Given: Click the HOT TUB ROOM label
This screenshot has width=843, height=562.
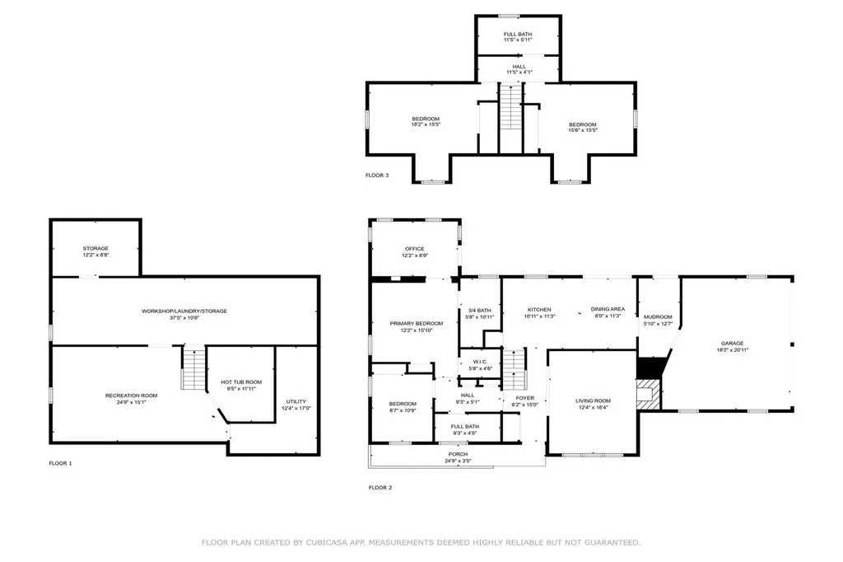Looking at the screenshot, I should tap(241, 382).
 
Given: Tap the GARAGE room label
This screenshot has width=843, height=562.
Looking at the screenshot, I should tap(732, 343).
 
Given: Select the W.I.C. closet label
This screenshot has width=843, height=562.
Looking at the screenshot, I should tap(479, 362).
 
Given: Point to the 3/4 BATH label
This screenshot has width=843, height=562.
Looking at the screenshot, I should tap(479, 310).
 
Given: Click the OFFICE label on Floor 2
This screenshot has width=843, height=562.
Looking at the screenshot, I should tap(414, 249).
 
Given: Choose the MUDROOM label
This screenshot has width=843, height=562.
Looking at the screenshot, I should tap(658, 317).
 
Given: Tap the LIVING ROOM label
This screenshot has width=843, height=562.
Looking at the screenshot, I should tap(593, 400).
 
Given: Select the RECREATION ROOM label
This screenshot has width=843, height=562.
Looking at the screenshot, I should tap(131, 396).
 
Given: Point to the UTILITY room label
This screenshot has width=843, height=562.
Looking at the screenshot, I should tap(296, 401).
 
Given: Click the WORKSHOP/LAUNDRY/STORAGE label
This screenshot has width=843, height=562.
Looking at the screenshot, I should tap(184, 311).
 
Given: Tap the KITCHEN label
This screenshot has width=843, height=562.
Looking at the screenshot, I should tap(539, 309).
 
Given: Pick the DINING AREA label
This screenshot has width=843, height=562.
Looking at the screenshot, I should tap(608, 309).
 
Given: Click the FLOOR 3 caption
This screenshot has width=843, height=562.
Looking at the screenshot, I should tap(377, 176).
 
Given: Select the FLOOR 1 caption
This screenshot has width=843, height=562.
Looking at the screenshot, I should tap(60, 464).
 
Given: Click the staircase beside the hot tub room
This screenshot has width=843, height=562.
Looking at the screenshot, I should tap(193, 368).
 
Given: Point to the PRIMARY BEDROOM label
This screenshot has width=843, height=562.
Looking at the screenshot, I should tap(417, 324).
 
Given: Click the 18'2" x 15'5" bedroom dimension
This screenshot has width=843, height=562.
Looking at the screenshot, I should tap(426, 125).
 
